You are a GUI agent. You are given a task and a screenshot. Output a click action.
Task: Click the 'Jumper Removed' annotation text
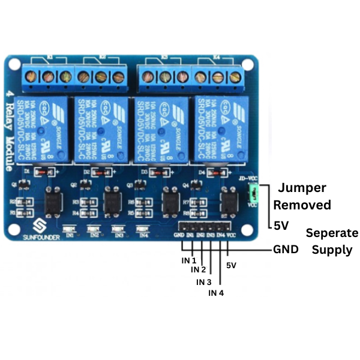(302, 197)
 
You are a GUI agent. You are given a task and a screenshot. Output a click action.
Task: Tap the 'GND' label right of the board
(286, 249)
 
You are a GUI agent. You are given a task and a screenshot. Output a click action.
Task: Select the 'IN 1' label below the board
(190, 260)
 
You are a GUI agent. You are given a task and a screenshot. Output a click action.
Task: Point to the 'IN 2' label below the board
(199, 270)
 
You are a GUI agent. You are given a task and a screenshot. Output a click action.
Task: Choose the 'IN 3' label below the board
(205, 282)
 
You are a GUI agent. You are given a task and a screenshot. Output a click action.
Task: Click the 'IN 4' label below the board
(215, 293)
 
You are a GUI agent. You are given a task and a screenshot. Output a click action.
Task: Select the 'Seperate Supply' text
(332, 241)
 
